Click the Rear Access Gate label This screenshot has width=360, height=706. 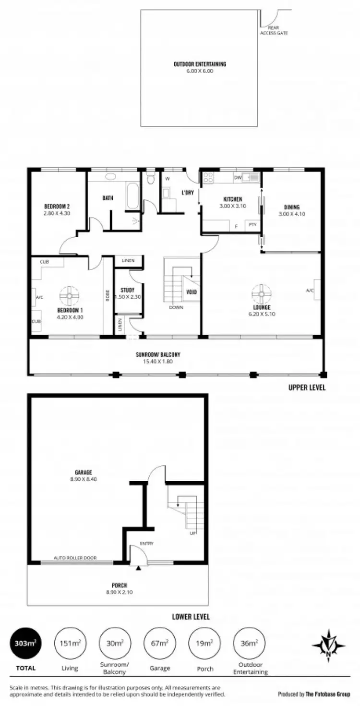274,30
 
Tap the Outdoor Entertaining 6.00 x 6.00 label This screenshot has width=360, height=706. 200,67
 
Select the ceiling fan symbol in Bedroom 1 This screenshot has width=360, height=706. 70,296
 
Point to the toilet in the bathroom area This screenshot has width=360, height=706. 151,179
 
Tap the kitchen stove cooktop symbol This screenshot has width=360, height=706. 208,178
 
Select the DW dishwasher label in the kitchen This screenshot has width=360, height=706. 237,177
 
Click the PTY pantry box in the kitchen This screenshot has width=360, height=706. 252,225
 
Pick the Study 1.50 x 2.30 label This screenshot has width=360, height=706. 127,293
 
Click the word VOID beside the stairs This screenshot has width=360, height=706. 192,292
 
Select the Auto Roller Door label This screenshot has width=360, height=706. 75,558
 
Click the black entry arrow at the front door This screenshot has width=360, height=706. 139,568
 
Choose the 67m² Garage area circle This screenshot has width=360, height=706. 159,644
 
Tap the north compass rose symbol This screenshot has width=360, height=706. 328,645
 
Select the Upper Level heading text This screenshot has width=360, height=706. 306,387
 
